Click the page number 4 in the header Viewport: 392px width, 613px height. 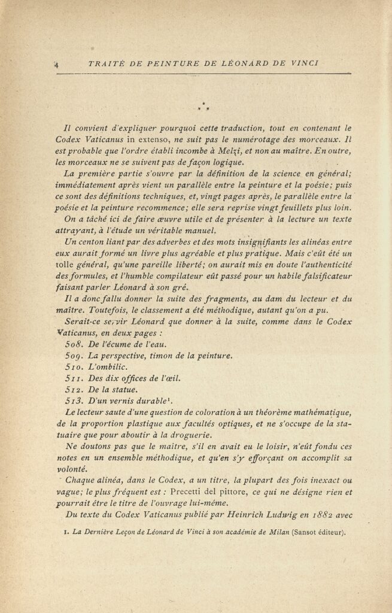[54, 64]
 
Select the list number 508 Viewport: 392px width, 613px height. [74, 344]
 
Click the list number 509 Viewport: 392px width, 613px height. [74, 355]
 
